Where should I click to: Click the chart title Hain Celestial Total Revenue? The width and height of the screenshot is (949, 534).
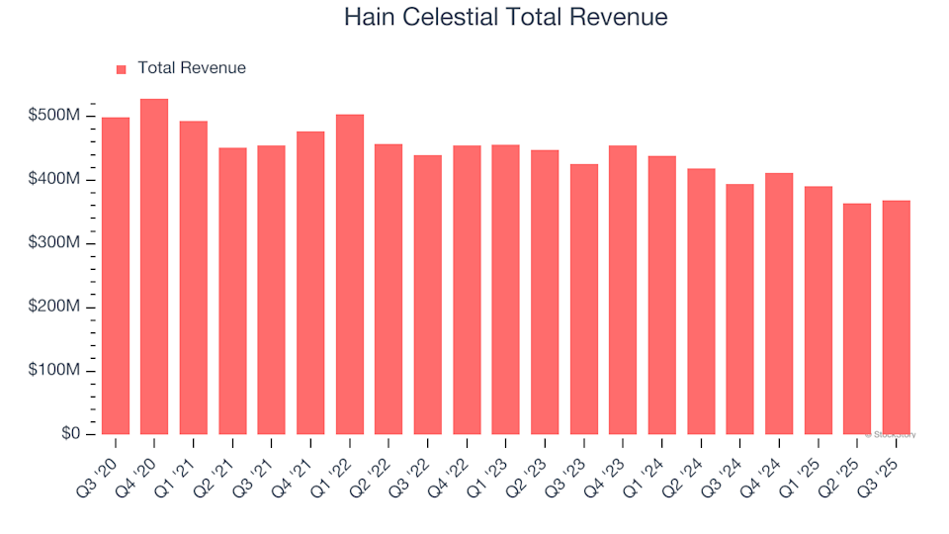click(x=505, y=18)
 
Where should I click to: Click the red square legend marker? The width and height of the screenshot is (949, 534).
click(x=122, y=69)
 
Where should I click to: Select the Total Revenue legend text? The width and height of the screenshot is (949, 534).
click(x=192, y=68)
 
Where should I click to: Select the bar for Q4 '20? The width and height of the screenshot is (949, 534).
click(x=154, y=267)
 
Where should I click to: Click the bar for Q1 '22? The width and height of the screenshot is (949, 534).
click(x=350, y=275)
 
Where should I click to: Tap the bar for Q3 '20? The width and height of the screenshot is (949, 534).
click(x=115, y=276)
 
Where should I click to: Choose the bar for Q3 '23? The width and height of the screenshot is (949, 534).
click(x=584, y=300)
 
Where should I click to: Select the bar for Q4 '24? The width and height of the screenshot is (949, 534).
click(x=779, y=304)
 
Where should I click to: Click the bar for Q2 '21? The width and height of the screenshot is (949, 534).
click(x=232, y=292)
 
